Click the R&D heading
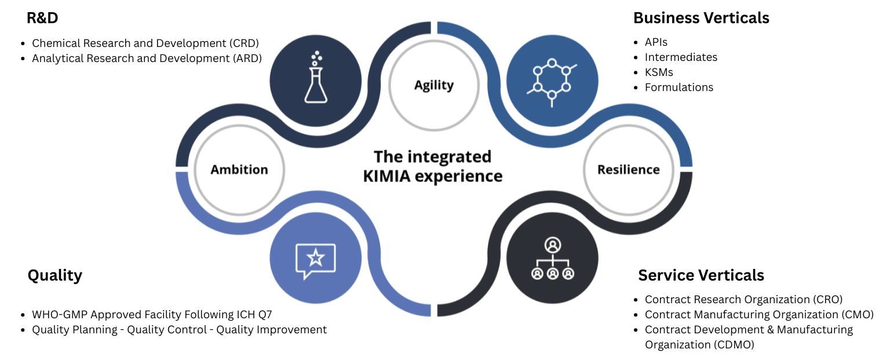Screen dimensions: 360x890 42,19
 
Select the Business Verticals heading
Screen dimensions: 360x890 701,18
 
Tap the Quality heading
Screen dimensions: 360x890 55,275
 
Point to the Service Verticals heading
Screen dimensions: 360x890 701,275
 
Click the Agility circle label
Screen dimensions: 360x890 433,85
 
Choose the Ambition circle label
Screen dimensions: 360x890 239,170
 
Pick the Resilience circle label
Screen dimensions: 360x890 629,170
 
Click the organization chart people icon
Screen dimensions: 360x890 553,259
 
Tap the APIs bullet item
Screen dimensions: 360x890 656,42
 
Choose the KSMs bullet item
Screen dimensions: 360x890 659,72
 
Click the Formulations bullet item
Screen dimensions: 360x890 679,88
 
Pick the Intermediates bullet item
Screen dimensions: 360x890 681,57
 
